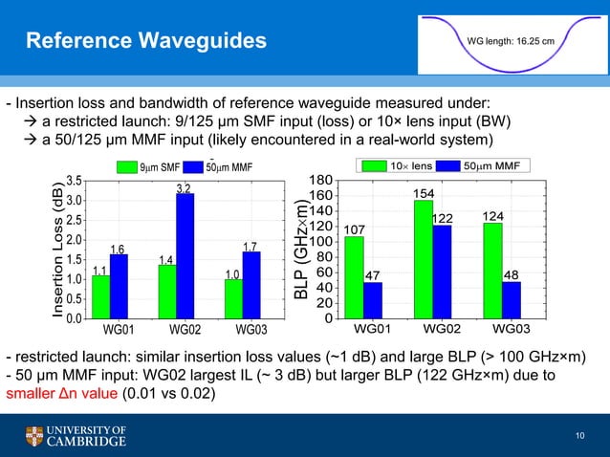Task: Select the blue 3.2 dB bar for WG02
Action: (x=185, y=255)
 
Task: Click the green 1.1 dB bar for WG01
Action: (x=100, y=296)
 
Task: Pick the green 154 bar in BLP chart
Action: (x=424, y=259)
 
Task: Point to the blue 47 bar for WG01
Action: (x=373, y=300)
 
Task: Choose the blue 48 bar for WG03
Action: (x=512, y=300)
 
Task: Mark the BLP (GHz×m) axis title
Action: (x=302, y=249)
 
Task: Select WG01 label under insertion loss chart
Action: (x=112, y=330)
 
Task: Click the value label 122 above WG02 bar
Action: (x=442, y=219)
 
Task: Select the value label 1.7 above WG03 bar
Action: (x=250, y=248)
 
